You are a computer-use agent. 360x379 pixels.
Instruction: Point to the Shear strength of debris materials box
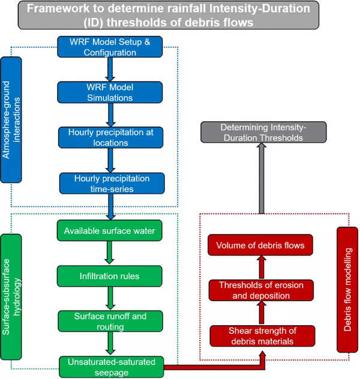(262, 336)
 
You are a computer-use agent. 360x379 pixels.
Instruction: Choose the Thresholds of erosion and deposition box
(262, 290)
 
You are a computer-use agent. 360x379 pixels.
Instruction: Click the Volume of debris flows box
(262, 246)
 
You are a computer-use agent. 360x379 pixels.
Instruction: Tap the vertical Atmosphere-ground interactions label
(11, 120)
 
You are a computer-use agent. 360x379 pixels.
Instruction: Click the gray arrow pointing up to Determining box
(262, 180)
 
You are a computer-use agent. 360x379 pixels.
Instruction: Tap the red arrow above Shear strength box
(262, 313)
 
